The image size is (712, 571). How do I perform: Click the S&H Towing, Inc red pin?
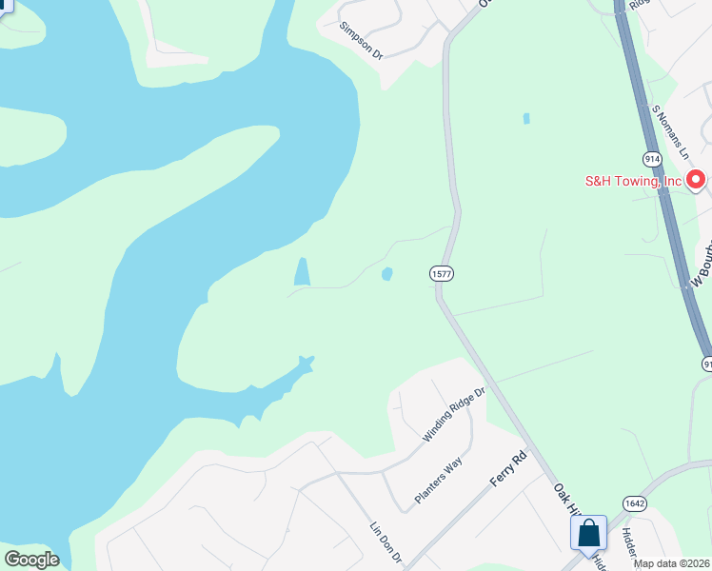[696, 178]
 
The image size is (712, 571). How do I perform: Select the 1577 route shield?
[441, 273]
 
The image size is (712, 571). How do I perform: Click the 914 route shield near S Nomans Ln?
[652, 159]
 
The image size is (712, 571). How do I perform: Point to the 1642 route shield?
[635, 502]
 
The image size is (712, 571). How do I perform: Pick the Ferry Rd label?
[507, 469]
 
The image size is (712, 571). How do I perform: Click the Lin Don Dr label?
[386, 541]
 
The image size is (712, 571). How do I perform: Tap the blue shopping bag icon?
[589, 533]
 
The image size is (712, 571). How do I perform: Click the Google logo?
[31, 560]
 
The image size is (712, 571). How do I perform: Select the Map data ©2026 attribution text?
[671, 563]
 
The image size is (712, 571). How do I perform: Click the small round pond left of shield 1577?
[386, 274]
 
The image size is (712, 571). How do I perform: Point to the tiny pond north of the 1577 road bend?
[525, 119]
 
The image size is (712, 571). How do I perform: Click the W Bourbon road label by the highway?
[701, 266]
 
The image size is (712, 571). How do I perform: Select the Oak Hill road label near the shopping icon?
[568, 498]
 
